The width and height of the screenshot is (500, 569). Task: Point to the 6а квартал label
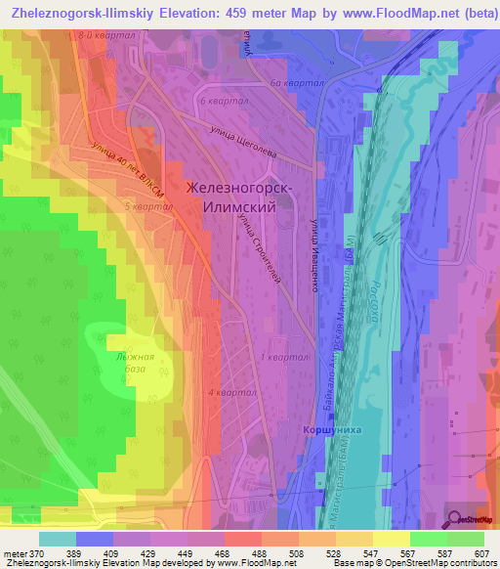[x=298, y=84]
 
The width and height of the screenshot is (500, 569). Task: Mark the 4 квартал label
[x=230, y=392]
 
